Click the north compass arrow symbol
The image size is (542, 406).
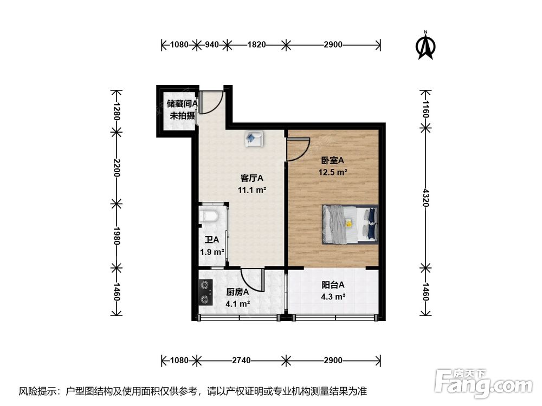click(426, 45)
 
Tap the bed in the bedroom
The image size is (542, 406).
click(350, 225)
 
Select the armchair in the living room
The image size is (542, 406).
click(254, 139)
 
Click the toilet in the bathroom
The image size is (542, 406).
click(209, 215)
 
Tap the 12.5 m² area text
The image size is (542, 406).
click(333, 172)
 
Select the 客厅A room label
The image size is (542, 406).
click(251, 178)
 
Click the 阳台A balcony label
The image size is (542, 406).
click(333, 285)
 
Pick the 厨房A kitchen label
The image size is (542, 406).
click(237, 292)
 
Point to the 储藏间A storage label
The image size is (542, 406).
click(182, 103)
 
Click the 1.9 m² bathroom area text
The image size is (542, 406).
click(212, 252)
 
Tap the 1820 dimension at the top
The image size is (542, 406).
click(256, 44)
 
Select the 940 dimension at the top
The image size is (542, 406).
click(212, 44)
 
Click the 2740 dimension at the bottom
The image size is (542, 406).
click(241, 361)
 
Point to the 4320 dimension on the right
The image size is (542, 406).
click(425, 198)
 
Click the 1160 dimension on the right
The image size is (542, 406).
click(425, 109)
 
